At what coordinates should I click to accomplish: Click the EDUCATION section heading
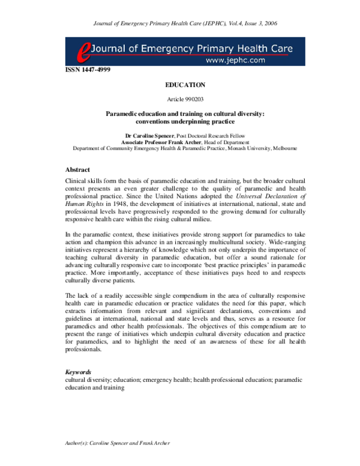click(x=185, y=85)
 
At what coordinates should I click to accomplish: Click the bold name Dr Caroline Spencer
click(x=150, y=136)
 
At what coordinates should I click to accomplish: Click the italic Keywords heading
click(x=78, y=372)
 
